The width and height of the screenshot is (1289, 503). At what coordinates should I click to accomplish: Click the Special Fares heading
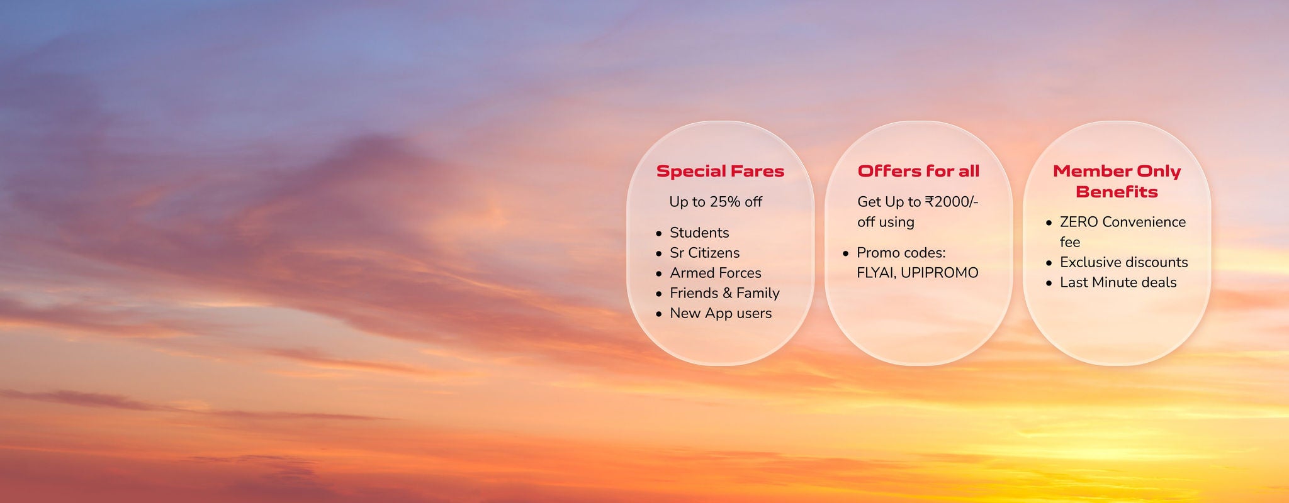(720, 171)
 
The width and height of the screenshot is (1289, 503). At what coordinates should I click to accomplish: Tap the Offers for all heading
(918, 171)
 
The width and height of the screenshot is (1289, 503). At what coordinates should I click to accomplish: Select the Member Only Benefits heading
(1117, 181)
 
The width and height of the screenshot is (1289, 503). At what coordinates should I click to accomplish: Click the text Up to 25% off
(716, 202)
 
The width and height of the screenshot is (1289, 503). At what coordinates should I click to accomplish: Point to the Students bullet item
(699, 233)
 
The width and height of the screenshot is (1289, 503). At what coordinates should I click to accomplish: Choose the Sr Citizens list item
(704, 253)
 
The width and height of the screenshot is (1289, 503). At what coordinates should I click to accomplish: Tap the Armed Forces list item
(715, 273)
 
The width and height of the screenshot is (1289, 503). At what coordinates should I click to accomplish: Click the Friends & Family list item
(724, 293)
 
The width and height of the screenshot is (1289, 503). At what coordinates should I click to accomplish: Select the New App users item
(721, 313)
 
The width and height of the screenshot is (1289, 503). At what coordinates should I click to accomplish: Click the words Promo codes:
(901, 253)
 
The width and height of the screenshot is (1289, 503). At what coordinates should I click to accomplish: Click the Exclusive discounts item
(1123, 262)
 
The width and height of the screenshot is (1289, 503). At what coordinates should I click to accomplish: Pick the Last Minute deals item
(1118, 282)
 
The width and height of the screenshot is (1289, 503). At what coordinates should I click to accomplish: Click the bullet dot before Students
(659, 233)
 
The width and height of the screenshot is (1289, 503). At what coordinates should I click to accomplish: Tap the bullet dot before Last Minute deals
(1049, 283)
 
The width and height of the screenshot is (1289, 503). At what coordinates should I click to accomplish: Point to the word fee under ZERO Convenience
(1070, 242)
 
